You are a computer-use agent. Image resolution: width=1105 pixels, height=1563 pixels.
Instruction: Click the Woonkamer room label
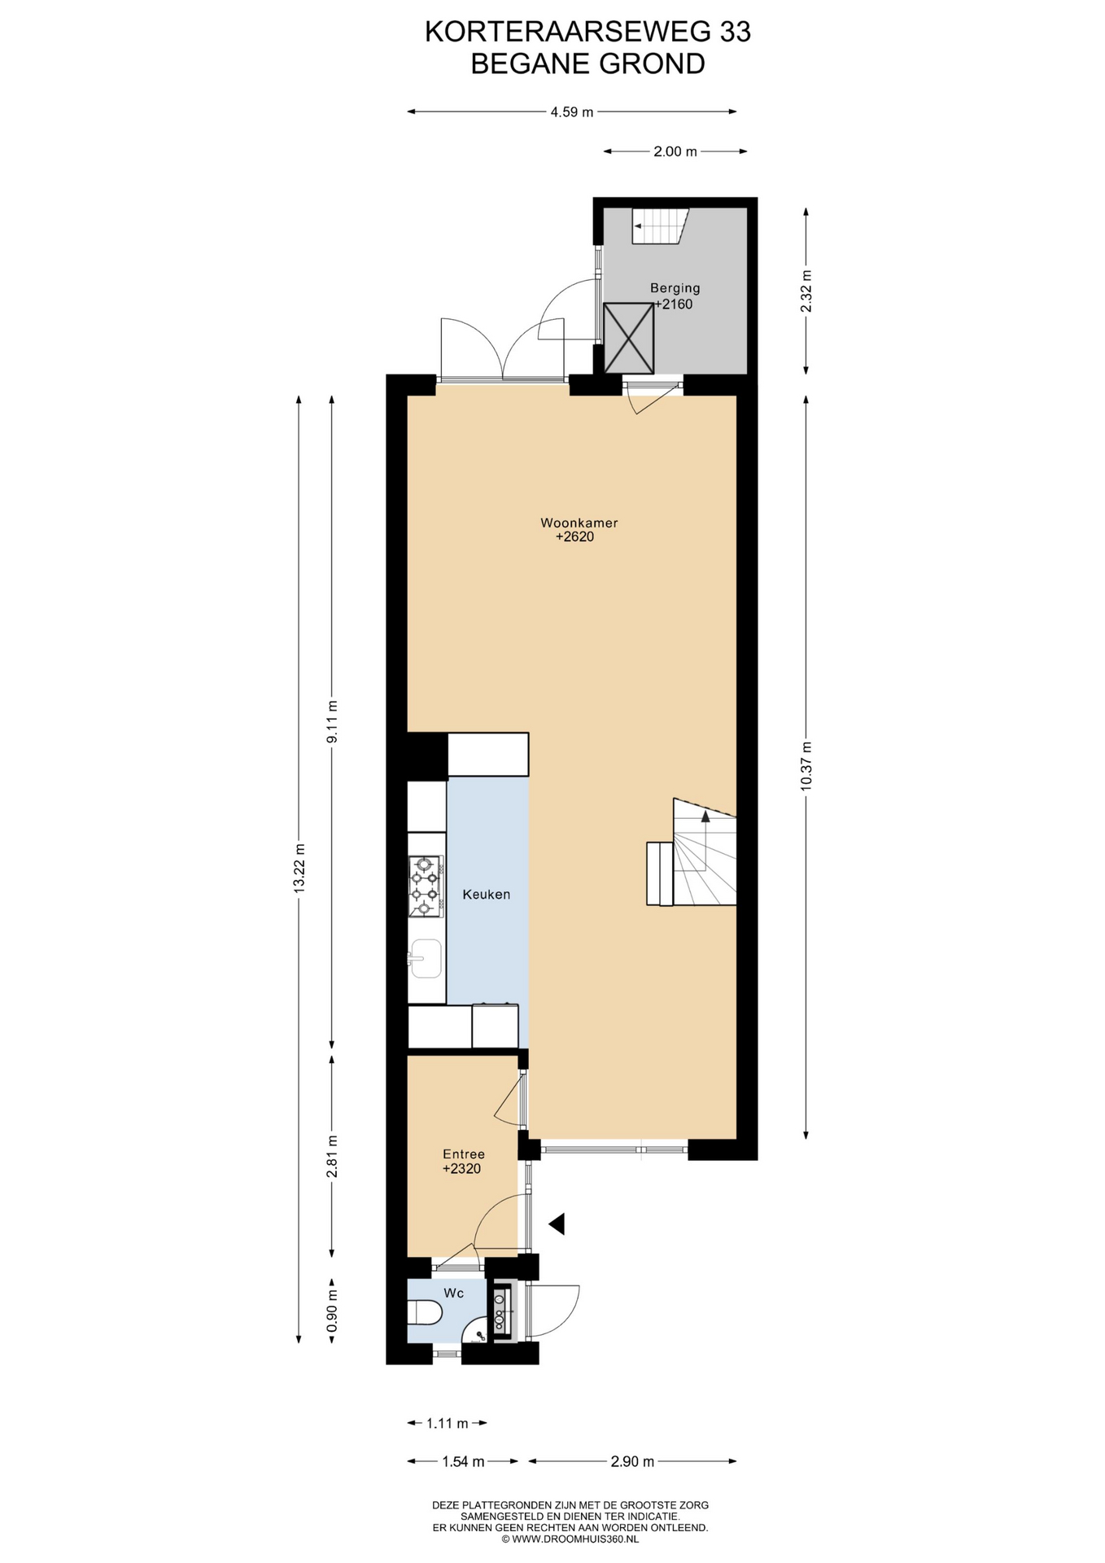pos(579,523)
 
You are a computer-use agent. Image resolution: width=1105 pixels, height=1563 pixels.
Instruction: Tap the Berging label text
pos(675,287)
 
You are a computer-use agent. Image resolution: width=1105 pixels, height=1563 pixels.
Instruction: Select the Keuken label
pos(486,894)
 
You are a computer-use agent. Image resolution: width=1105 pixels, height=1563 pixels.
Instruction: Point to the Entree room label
pos(463,1154)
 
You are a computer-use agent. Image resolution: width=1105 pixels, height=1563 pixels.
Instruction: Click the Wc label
pos(453,1293)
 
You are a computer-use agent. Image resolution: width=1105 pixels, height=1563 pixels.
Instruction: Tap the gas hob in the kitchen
pos(425,886)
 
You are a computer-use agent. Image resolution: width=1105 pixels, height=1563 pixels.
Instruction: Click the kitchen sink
pos(425,958)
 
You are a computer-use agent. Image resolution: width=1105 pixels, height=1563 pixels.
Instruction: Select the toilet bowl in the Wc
pos(425,1312)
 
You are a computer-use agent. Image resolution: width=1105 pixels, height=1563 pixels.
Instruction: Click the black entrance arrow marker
pos(557,1223)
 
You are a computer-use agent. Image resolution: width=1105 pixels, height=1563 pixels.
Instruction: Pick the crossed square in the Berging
pos(629,338)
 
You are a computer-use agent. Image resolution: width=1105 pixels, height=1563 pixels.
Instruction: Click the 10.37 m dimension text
pos(806,765)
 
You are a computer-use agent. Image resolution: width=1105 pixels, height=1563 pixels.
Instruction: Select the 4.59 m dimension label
pos(572,112)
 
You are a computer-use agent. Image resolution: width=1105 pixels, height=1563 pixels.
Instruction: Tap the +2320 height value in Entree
pos(461,1169)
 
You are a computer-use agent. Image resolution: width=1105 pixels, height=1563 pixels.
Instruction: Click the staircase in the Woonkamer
pos(692,852)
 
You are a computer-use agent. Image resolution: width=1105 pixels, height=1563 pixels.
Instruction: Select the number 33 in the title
pos(734,32)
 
